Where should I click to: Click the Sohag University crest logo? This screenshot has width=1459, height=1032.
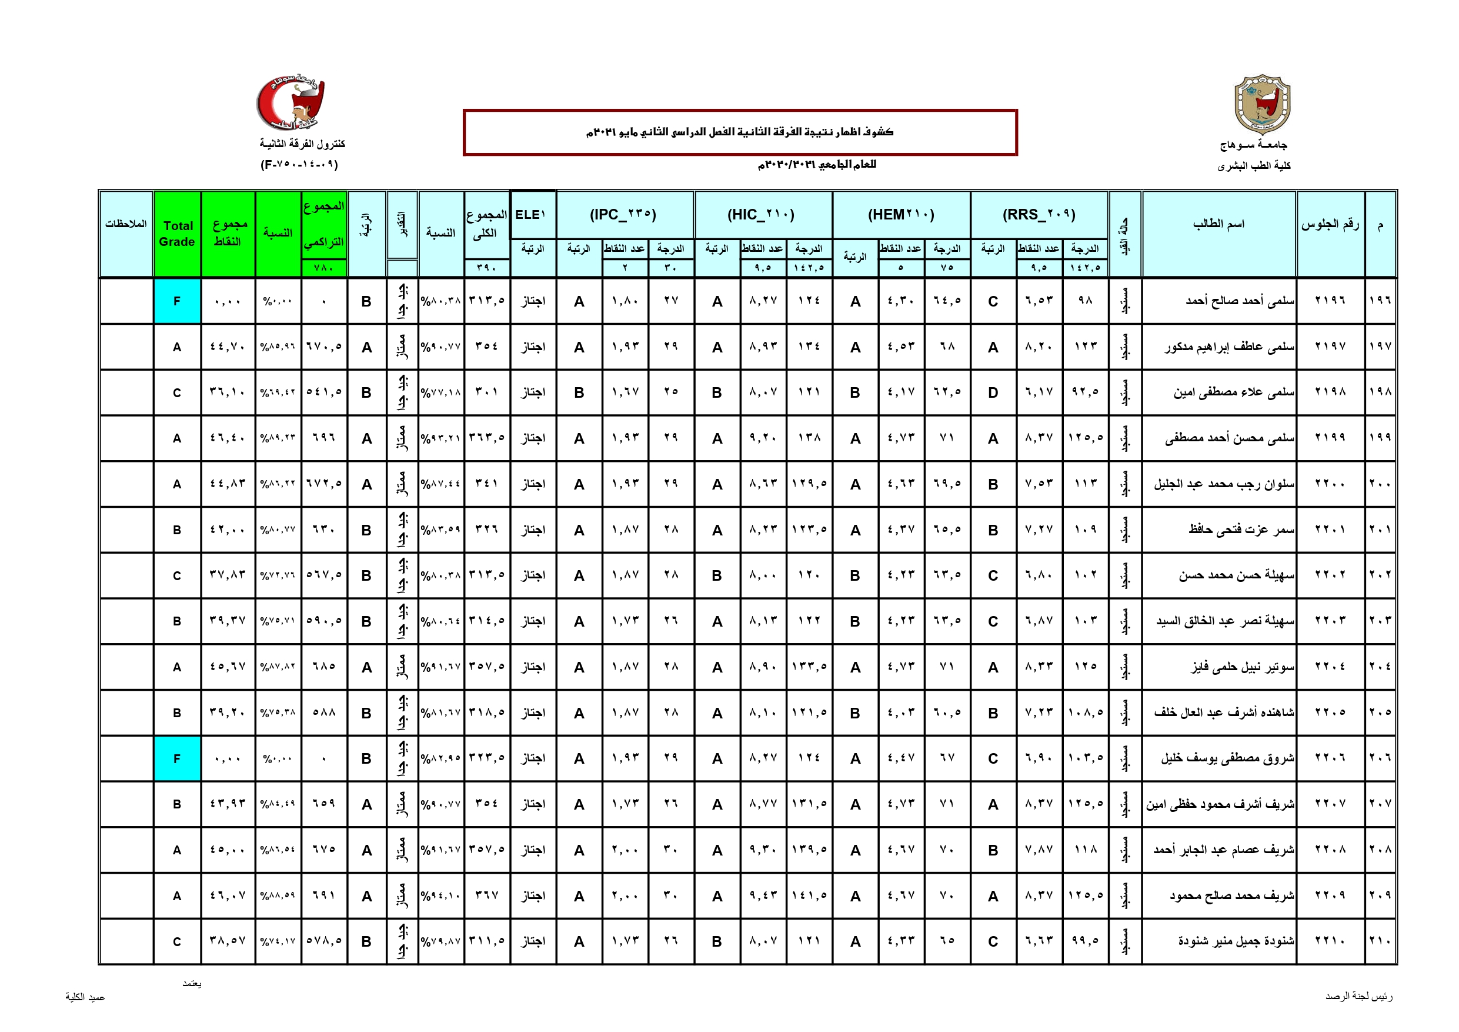[1261, 104]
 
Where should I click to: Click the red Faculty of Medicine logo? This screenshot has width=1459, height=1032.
[291, 102]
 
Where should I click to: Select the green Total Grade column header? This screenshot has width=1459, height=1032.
[177, 234]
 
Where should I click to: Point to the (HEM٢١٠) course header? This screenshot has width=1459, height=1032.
[900, 215]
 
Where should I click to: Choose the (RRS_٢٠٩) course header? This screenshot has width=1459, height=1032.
[1039, 215]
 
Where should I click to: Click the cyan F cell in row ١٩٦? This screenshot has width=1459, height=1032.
[177, 301]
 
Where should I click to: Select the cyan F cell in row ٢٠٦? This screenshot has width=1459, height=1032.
[177, 758]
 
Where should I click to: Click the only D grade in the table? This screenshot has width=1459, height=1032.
[993, 392]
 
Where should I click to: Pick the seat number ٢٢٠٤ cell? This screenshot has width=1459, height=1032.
[1330, 667]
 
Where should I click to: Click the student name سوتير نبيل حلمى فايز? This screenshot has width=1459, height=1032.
[1243, 667]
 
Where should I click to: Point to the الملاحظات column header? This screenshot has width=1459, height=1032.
[126, 224]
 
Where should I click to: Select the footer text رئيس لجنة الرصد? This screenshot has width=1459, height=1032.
[1358, 996]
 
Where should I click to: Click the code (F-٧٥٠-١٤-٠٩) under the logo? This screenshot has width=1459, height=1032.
[299, 165]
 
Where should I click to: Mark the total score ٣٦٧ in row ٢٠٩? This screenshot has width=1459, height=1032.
[486, 895]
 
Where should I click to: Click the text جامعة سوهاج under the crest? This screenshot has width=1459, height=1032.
[1253, 145]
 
